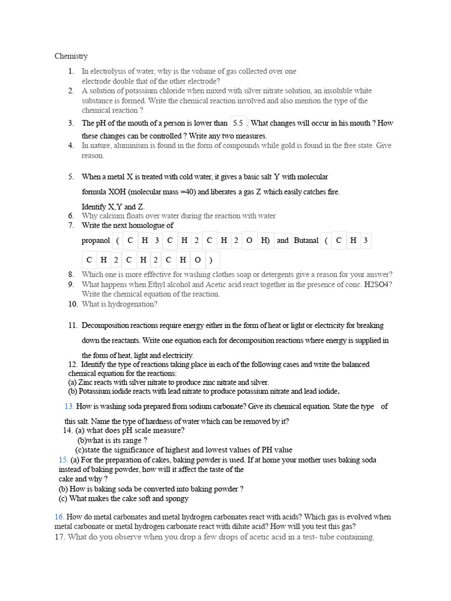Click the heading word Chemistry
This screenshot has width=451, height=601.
71,56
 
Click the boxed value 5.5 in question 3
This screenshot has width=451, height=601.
238,123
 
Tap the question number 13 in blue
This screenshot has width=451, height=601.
69,407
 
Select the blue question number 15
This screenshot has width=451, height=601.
63,460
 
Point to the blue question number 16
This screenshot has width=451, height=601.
59,517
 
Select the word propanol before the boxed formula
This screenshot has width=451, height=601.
96,241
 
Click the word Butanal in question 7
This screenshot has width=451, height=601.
306,241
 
